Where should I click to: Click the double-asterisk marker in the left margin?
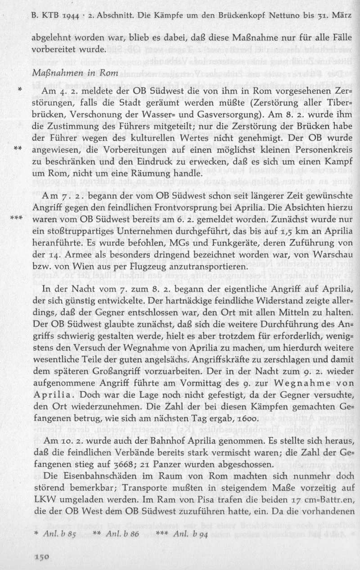pyautogui.click(x=18, y=148)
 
